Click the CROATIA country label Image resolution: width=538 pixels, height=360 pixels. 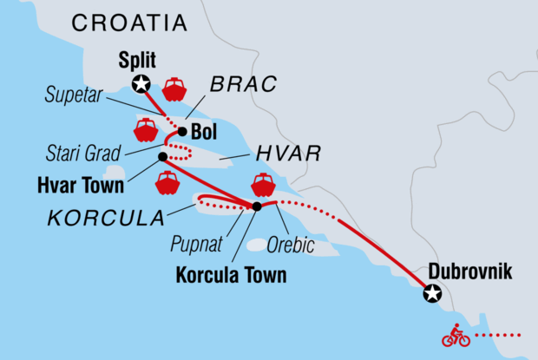[x=129, y=23]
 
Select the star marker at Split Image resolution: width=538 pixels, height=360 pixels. [x=140, y=83]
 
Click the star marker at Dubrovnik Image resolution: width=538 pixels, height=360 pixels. [x=431, y=294]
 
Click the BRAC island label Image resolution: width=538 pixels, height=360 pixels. [x=242, y=84]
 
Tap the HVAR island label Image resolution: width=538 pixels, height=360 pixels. [x=288, y=154]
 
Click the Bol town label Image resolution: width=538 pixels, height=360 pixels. [x=203, y=133]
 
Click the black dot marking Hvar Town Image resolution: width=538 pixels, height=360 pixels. [x=162, y=157]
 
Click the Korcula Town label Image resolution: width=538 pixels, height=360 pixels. [x=231, y=277]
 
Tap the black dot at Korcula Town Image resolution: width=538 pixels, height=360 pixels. [x=257, y=206]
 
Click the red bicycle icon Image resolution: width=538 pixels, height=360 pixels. [x=456, y=335]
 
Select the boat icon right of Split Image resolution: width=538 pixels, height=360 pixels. [x=174, y=88]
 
